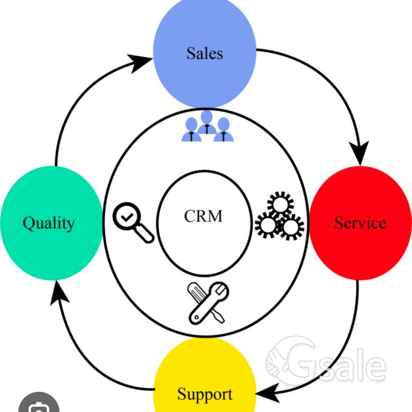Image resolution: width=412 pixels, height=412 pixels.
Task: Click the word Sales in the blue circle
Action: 205,53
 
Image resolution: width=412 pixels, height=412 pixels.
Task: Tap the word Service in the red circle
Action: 360,223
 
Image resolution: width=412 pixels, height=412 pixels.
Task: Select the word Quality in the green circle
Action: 49,224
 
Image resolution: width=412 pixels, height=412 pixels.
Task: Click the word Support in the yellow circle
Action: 205,394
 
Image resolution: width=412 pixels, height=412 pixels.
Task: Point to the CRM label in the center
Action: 203,216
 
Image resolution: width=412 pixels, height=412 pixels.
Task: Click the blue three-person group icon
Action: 207,126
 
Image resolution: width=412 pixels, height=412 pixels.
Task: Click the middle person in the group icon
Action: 207,122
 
